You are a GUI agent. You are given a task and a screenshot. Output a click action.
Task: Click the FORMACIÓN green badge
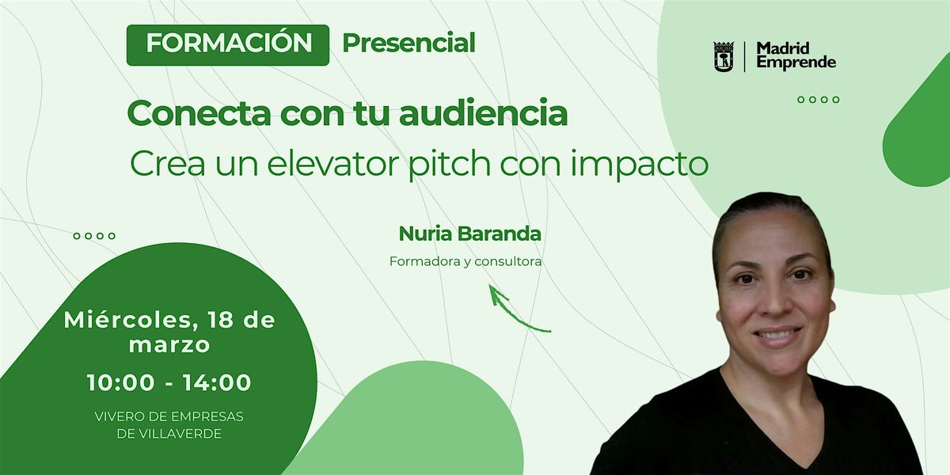click(x=228, y=45)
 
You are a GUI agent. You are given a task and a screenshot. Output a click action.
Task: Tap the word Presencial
click(x=408, y=44)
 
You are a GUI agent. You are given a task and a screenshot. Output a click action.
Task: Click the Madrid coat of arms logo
click(x=724, y=56)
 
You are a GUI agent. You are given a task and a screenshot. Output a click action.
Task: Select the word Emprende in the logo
click(x=796, y=63)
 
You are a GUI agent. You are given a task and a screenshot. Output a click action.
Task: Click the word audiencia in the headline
click(x=484, y=113)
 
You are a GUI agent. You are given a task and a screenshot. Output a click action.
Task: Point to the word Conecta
click(x=199, y=114)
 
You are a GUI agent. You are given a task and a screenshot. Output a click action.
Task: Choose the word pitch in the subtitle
click(x=449, y=164)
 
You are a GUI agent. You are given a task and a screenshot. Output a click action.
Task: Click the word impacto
click(x=639, y=164)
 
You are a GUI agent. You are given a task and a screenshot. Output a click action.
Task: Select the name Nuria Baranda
click(x=470, y=234)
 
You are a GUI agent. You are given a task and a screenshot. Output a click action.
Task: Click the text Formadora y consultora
click(x=465, y=262)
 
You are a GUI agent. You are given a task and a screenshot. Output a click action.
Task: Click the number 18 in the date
click(x=221, y=320)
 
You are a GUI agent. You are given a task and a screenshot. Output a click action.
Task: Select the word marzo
click(x=169, y=345)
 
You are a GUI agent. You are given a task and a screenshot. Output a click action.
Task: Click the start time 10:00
click(x=121, y=382)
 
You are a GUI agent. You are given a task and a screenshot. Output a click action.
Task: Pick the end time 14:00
click(x=217, y=382)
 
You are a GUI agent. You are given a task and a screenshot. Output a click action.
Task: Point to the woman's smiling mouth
click(x=778, y=336)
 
